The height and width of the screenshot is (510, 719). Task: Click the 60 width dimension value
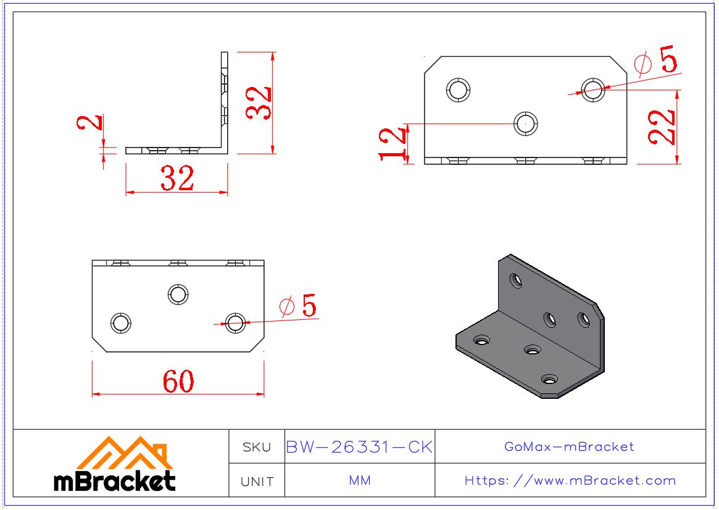[178, 382]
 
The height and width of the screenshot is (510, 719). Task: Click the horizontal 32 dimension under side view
[177, 178]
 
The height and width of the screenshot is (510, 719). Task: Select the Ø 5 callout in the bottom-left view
[298, 306]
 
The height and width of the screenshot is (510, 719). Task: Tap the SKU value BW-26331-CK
[359, 447]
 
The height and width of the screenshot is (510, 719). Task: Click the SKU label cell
[257, 447]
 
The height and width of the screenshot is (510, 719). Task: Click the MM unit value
[360, 480]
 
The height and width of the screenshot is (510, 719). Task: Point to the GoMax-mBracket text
[569, 446]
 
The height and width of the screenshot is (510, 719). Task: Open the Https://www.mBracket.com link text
[570, 480]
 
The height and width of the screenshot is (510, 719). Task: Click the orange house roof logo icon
[124, 453]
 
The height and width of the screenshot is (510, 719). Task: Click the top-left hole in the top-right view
[459, 90]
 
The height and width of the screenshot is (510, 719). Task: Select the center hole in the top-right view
[526, 123]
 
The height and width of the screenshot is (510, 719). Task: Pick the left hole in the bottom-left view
[121, 323]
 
